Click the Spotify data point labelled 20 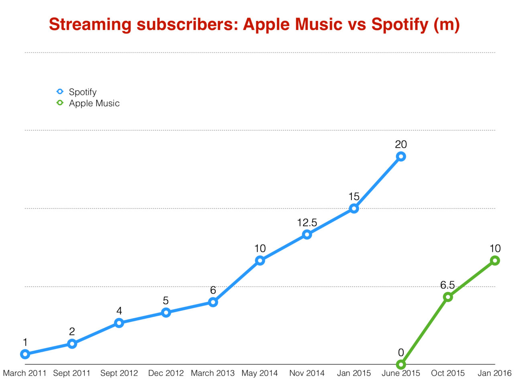coord(400,156)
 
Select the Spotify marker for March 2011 coord(25,354)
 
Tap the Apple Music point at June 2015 coord(401,364)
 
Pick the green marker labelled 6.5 coord(448,297)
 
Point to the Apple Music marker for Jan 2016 coord(495,260)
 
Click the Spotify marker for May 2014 coord(260,261)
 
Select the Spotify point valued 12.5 coord(307,235)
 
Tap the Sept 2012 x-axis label coord(119,373)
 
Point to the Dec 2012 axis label coord(166,373)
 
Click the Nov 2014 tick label coord(307,373)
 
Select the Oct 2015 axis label coord(448,373)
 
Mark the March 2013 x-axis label coord(213,373)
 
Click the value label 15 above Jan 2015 coord(354,197)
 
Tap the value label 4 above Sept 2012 coord(119,311)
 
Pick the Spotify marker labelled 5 coord(166,312)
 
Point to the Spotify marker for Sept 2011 coord(72,343)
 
